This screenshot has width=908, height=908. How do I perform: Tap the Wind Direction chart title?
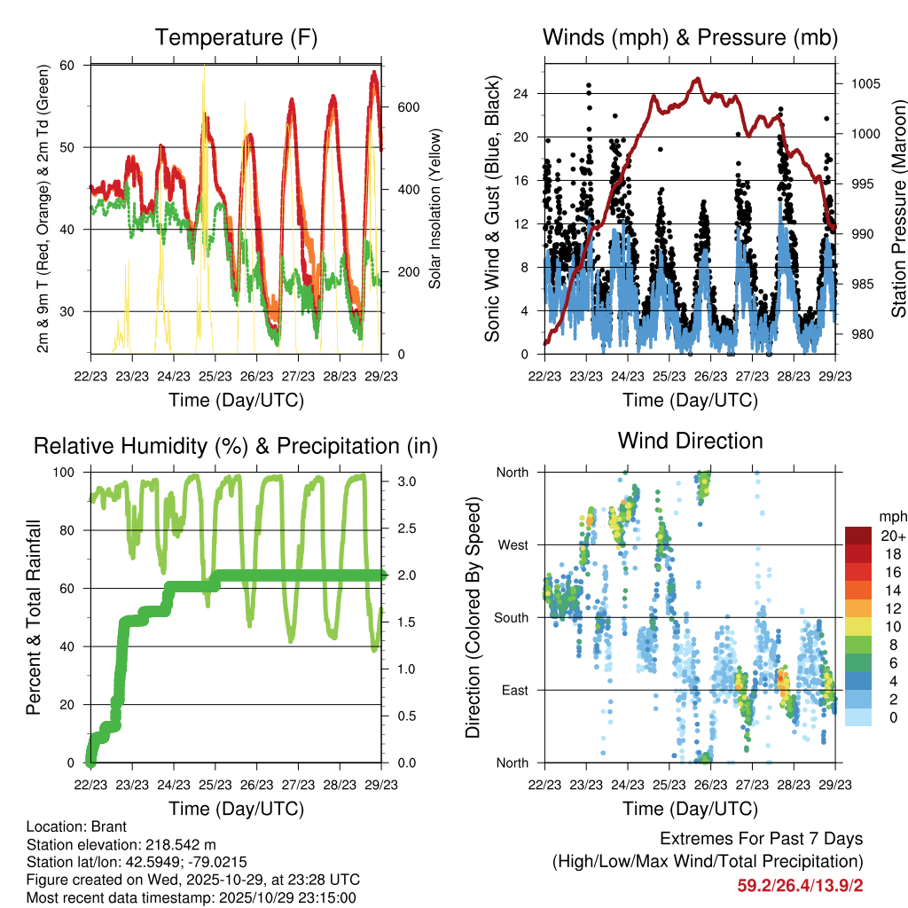(x=690, y=440)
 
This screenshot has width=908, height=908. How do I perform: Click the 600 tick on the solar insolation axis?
(x=407, y=107)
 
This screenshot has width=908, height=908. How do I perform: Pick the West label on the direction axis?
(x=513, y=544)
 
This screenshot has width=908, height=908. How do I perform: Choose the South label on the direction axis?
(x=511, y=617)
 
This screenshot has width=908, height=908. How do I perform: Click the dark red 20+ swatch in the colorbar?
(x=857, y=536)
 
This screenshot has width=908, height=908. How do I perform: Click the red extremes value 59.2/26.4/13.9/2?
(x=800, y=884)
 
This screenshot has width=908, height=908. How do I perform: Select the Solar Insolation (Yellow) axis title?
(x=435, y=209)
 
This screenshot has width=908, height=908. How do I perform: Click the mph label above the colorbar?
(x=891, y=516)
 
